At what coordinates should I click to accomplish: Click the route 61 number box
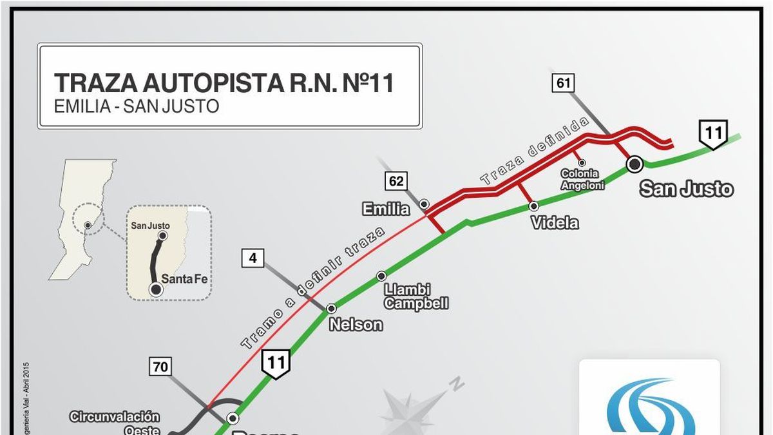click(x=562, y=83)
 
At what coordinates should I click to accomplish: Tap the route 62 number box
click(x=396, y=181)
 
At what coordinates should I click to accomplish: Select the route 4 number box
click(x=253, y=258)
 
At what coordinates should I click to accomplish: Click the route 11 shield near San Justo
click(x=713, y=134)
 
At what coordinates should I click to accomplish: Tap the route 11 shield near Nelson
click(x=276, y=362)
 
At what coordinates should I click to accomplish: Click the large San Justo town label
click(x=686, y=189)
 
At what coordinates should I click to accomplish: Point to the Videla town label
click(x=555, y=223)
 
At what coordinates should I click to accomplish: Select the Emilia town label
click(x=386, y=209)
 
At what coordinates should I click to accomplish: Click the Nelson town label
click(x=356, y=325)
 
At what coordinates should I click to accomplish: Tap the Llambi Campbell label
click(x=415, y=296)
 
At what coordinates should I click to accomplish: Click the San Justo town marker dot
click(x=635, y=164)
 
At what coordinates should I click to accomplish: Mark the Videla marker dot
click(x=533, y=206)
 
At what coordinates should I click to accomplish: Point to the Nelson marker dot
click(x=332, y=309)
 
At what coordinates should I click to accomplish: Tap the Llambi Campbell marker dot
click(x=381, y=276)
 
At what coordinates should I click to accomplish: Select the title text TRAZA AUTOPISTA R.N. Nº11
click(x=224, y=83)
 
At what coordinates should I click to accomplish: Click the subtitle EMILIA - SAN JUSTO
click(x=137, y=106)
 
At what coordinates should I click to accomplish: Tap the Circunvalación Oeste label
click(x=115, y=423)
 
